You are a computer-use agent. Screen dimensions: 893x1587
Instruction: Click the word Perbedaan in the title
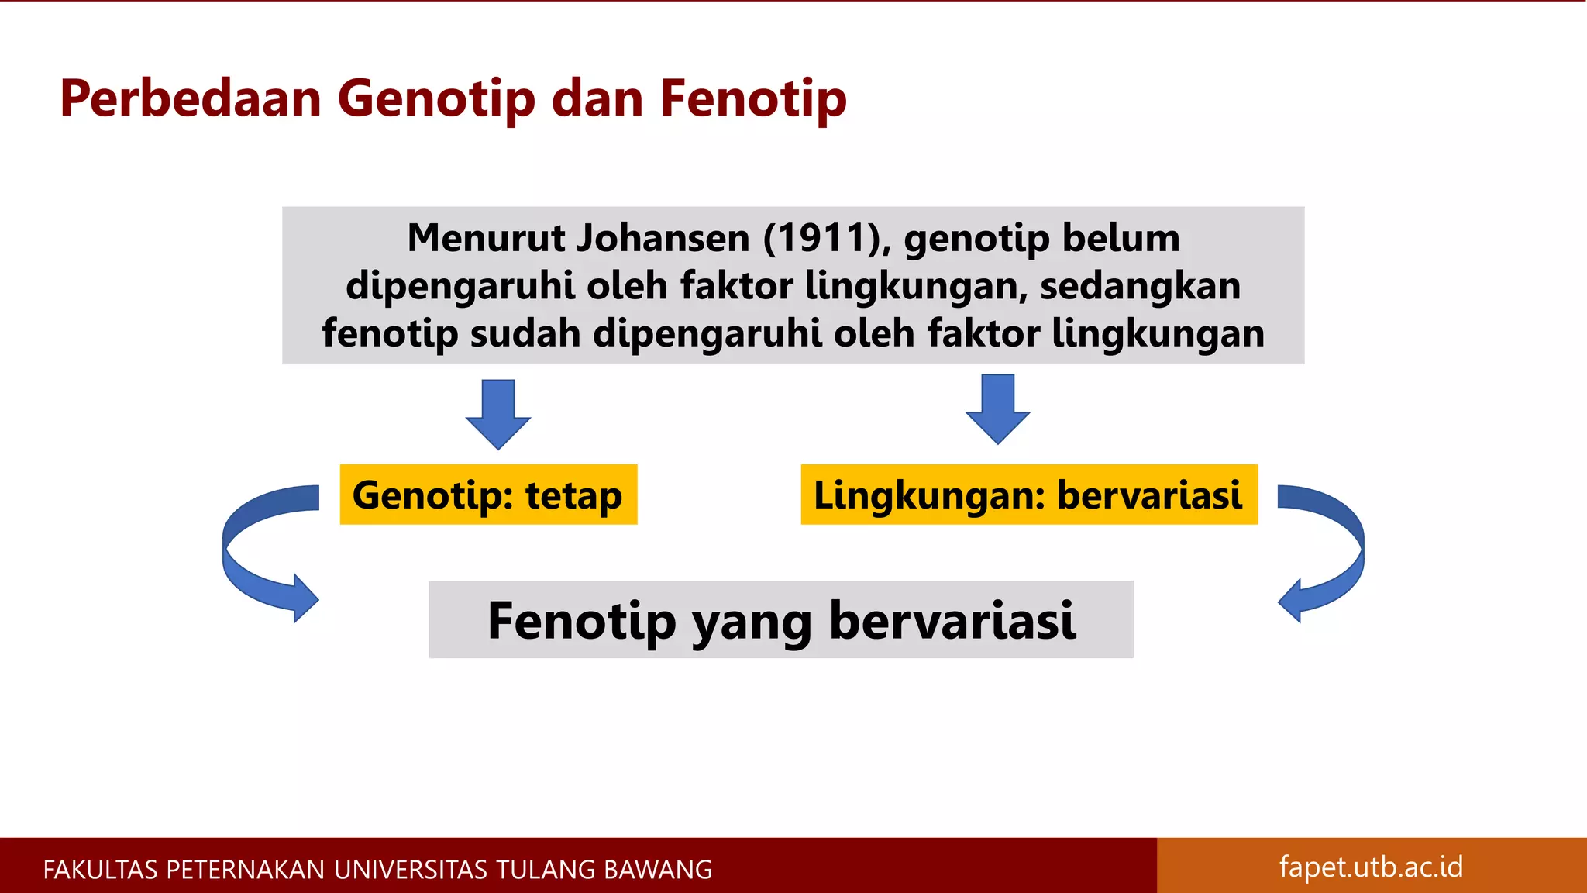[x=191, y=98]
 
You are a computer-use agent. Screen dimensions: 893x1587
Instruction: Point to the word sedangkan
[x=1140, y=286]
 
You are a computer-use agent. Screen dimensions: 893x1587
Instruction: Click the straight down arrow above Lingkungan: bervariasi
[x=997, y=409]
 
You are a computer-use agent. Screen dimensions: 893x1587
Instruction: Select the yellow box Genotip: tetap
[x=488, y=495]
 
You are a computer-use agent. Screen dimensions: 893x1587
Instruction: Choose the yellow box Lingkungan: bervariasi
[x=1028, y=495]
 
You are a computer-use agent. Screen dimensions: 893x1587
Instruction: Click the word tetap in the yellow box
[x=573, y=495]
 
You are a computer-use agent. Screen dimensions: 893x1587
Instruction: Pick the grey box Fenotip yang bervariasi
[x=780, y=620]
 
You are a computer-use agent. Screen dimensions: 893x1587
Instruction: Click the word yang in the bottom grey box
[x=751, y=622]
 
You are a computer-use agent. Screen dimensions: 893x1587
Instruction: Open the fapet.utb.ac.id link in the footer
[x=1371, y=867]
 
